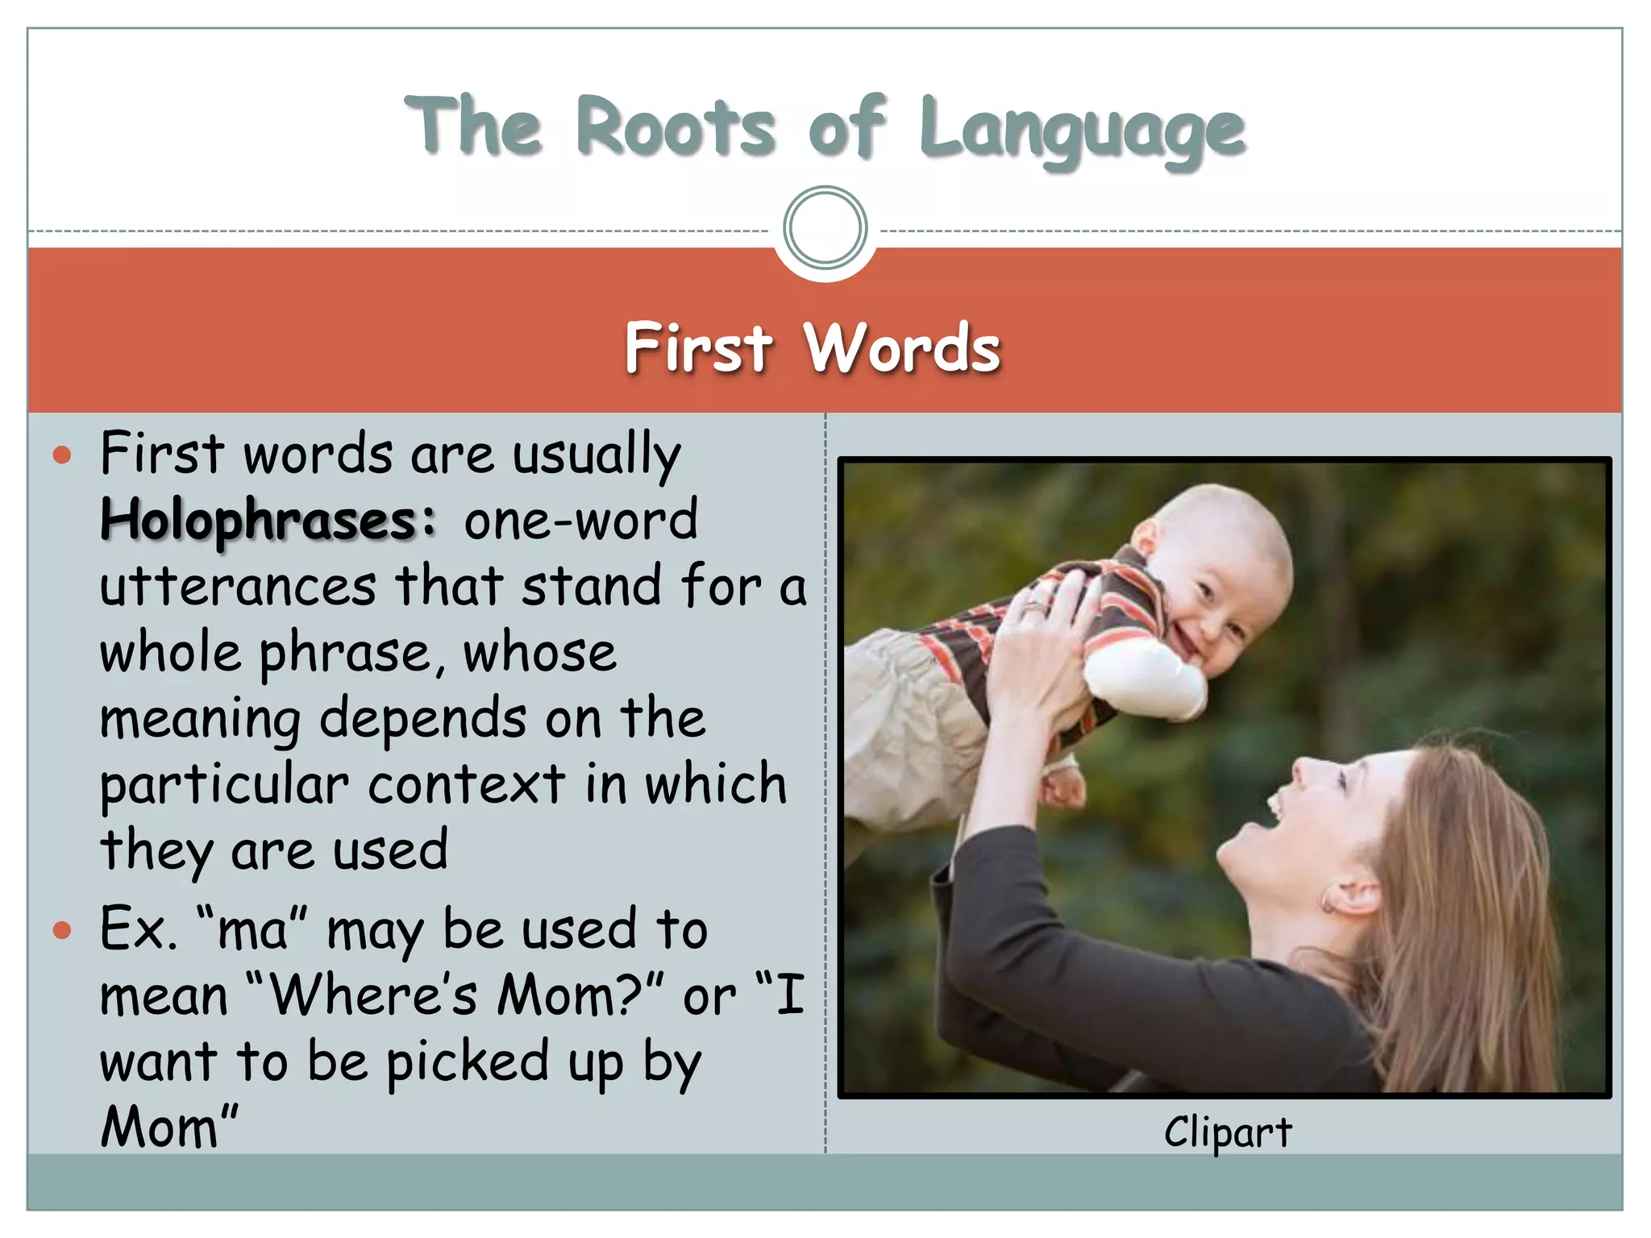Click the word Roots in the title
coord(676,127)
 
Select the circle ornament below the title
coord(825,227)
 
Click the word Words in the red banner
coord(902,348)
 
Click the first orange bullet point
coord(62,455)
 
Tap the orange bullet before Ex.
coord(62,931)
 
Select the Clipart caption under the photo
coord(1227,1132)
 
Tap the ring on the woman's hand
coord(1035,604)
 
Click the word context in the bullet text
coord(467,784)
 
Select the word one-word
coord(580,521)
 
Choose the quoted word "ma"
coord(252,929)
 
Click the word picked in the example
coord(468,1062)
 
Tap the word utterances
coord(238,587)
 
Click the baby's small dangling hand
coord(1063,786)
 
